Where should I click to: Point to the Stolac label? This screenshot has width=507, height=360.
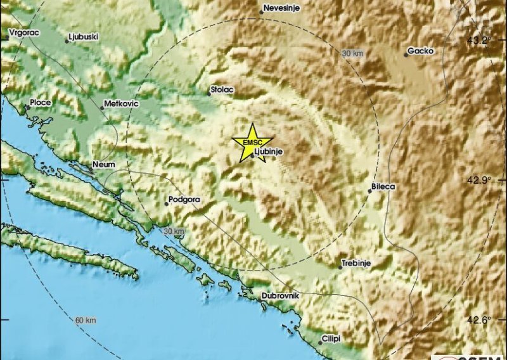click(222, 90)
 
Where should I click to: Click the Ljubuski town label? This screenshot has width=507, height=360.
click(83, 37)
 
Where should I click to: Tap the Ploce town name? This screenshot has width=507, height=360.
click(40, 101)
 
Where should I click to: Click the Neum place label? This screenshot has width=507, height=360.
click(103, 164)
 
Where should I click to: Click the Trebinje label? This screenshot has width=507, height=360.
click(356, 262)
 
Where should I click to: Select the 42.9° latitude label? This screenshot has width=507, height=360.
click(480, 180)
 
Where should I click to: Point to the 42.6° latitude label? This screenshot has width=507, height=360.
click(480, 320)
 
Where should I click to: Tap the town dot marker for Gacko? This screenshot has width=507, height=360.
click(406, 55)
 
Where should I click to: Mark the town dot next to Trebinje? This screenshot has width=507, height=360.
click(340, 267)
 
